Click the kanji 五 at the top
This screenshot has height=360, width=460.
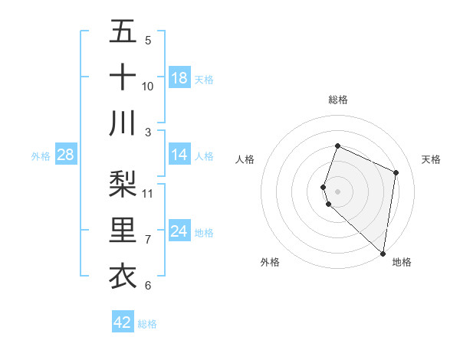pos(123,32)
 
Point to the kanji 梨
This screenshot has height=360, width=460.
pos(123,183)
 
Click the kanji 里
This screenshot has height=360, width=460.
pos(123,230)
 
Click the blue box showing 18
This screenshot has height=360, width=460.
pos(179,78)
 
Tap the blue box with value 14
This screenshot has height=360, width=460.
pos(179,155)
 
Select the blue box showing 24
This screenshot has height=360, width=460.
pos(179,231)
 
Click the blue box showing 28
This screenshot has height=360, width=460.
pos(66,155)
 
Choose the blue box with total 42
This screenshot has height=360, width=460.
pos(123,322)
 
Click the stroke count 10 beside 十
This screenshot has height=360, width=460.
pos(148,86)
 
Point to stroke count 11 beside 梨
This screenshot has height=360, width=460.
pos(148,192)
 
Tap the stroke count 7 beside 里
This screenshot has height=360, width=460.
pos(148,240)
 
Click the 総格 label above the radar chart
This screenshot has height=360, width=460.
pos(337,100)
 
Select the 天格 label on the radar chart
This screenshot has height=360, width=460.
pos(432,159)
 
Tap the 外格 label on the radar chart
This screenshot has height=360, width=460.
pos(270,262)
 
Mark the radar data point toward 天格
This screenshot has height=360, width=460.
pos(396,172)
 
